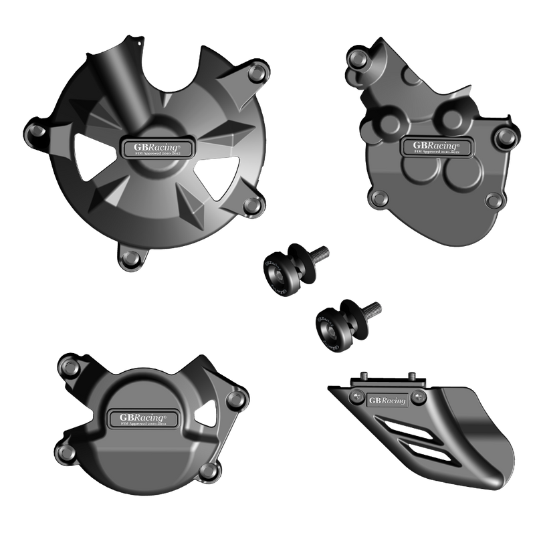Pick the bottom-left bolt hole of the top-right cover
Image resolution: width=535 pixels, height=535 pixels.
click(380, 197)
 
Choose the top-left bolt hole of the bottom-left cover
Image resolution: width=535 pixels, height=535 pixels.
click(67, 364)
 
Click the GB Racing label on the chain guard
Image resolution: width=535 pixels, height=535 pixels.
click(387, 399)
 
